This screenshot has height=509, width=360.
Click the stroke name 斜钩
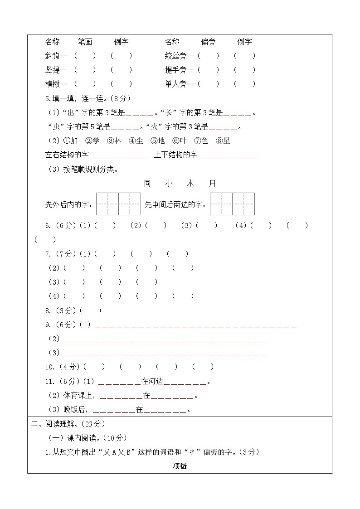click(x=53, y=56)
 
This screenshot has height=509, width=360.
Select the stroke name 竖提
click(x=53, y=70)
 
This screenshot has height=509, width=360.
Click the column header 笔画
click(x=85, y=42)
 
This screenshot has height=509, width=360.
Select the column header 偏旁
click(x=208, y=42)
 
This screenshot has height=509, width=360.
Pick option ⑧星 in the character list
click(x=223, y=141)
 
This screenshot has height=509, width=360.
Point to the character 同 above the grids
click(x=147, y=184)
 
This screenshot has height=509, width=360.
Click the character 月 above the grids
click(x=213, y=184)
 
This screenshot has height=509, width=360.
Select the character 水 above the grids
click(x=190, y=184)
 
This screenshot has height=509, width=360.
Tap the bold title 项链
click(x=180, y=466)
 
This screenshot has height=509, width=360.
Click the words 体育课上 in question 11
click(x=78, y=396)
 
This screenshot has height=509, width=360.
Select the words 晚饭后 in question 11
click(x=74, y=410)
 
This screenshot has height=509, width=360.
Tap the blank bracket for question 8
click(x=90, y=311)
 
